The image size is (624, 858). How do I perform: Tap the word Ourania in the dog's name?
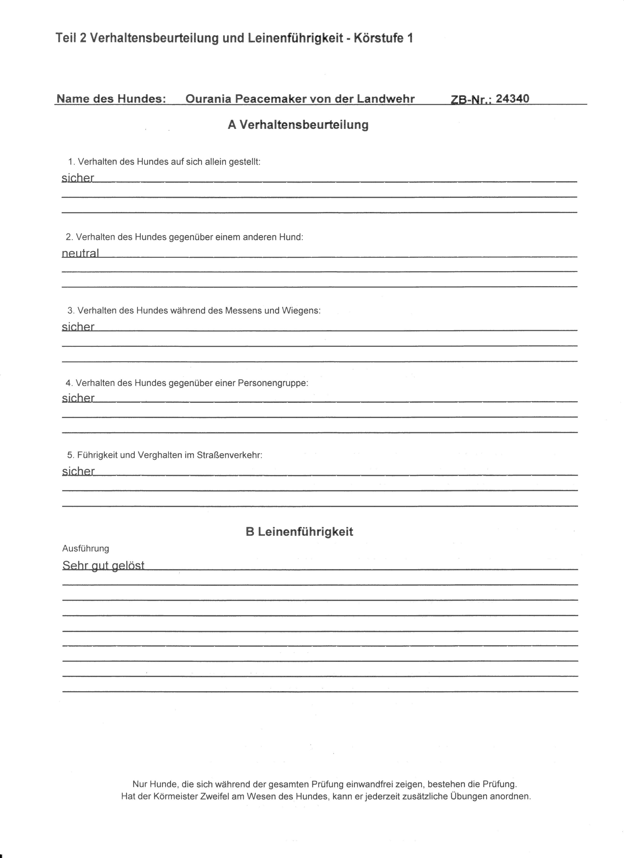(208, 99)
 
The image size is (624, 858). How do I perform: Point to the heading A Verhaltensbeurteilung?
(298, 125)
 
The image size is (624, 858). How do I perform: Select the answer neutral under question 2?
(80, 253)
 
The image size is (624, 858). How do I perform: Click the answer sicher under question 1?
(78, 178)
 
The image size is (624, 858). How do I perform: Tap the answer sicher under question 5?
(78, 471)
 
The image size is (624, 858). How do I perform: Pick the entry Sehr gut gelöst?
(103, 565)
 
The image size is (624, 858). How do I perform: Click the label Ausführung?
(86, 548)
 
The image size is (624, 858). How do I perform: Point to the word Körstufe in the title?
(378, 38)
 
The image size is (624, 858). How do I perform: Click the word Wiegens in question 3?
(304, 311)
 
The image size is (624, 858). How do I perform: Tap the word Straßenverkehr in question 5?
(229, 455)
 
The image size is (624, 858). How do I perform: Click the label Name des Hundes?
(111, 99)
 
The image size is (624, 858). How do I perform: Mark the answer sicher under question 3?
(78, 327)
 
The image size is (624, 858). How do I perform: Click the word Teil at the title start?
(66, 38)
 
